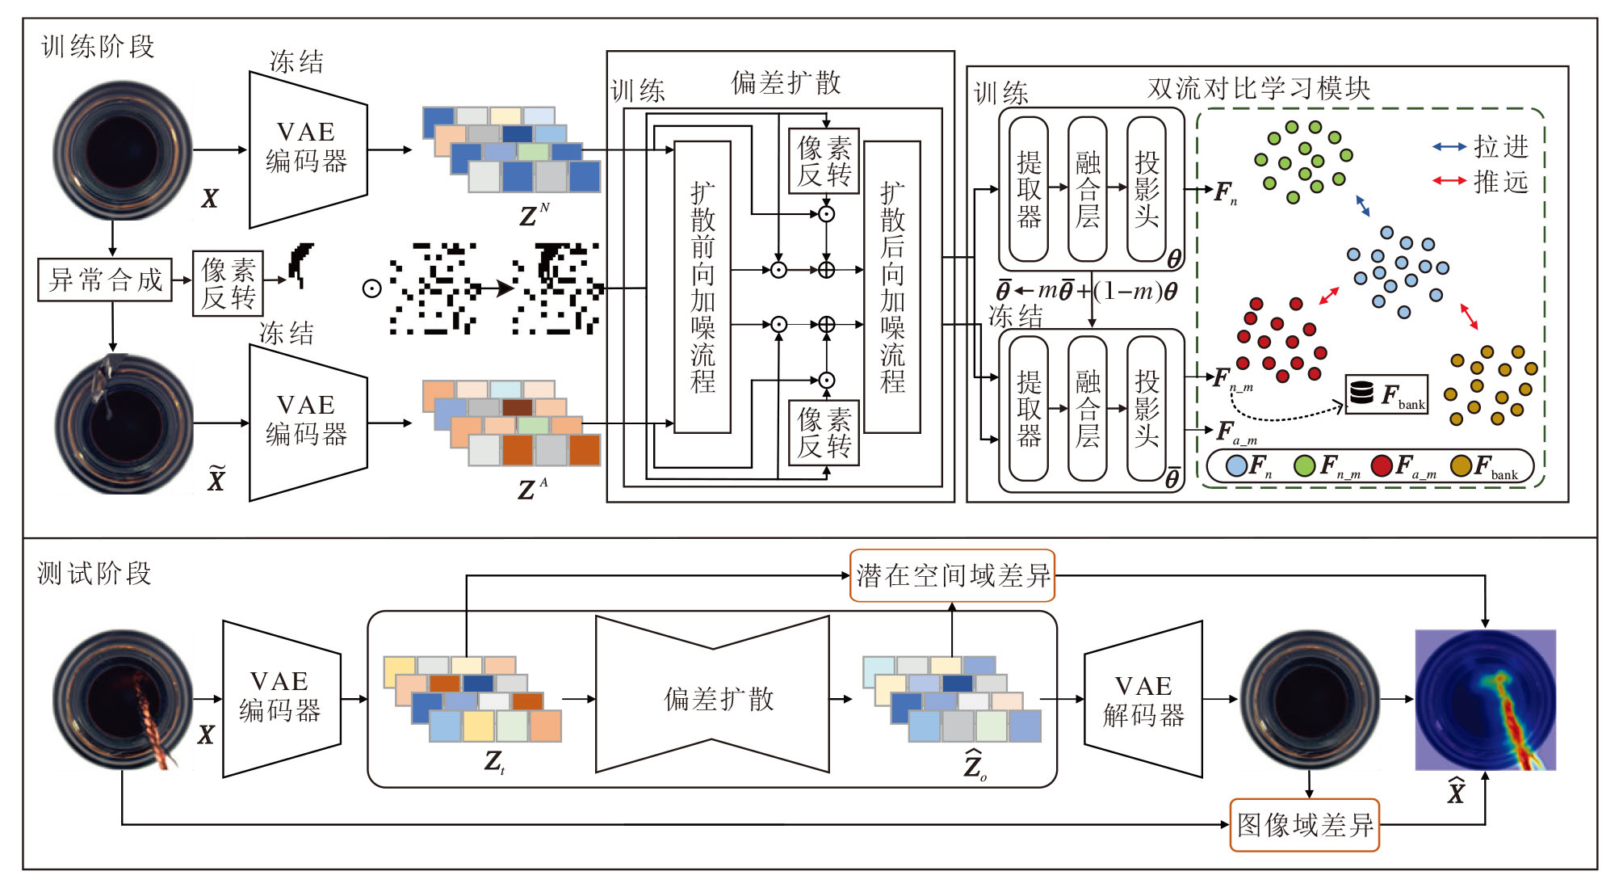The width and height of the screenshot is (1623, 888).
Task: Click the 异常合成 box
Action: [x=105, y=280]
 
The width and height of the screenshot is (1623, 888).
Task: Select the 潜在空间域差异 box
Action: [x=952, y=575]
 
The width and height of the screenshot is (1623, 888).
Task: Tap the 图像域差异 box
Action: [x=1304, y=825]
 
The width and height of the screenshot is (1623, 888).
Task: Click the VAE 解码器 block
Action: [x=1143, y=700]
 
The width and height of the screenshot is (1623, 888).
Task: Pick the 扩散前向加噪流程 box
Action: [x=702, y=287]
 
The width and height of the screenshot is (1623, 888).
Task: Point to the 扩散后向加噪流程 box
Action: [x=891, y=287]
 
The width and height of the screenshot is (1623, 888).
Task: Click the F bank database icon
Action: [x=1361, y=393]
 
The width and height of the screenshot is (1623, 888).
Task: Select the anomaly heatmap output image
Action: [x=1485, y=700]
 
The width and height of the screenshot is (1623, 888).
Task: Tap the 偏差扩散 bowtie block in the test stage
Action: [x=712, y=696]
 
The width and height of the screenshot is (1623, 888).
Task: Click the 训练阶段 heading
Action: [x=98, y=47]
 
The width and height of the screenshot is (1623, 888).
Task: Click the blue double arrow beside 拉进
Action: [x=1449, y=147]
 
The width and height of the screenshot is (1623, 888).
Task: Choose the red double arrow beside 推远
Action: [x=1449, y=181]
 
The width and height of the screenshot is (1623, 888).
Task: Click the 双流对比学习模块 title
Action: [x=1259, y=88]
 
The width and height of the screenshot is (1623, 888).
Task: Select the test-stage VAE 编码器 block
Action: [x=281, y=698]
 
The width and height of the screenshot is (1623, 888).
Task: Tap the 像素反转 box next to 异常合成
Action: [x=228, y=283]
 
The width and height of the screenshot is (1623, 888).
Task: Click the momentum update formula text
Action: [x=1086, y=291]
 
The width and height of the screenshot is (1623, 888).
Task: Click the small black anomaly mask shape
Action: [x=301, y=263]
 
